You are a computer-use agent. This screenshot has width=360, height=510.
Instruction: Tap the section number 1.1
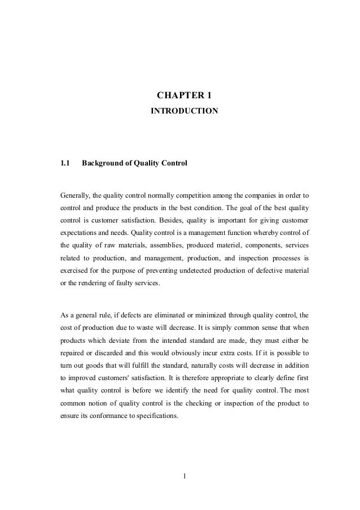[65, 164]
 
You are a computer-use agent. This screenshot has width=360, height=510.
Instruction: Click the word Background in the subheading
[104, 164]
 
